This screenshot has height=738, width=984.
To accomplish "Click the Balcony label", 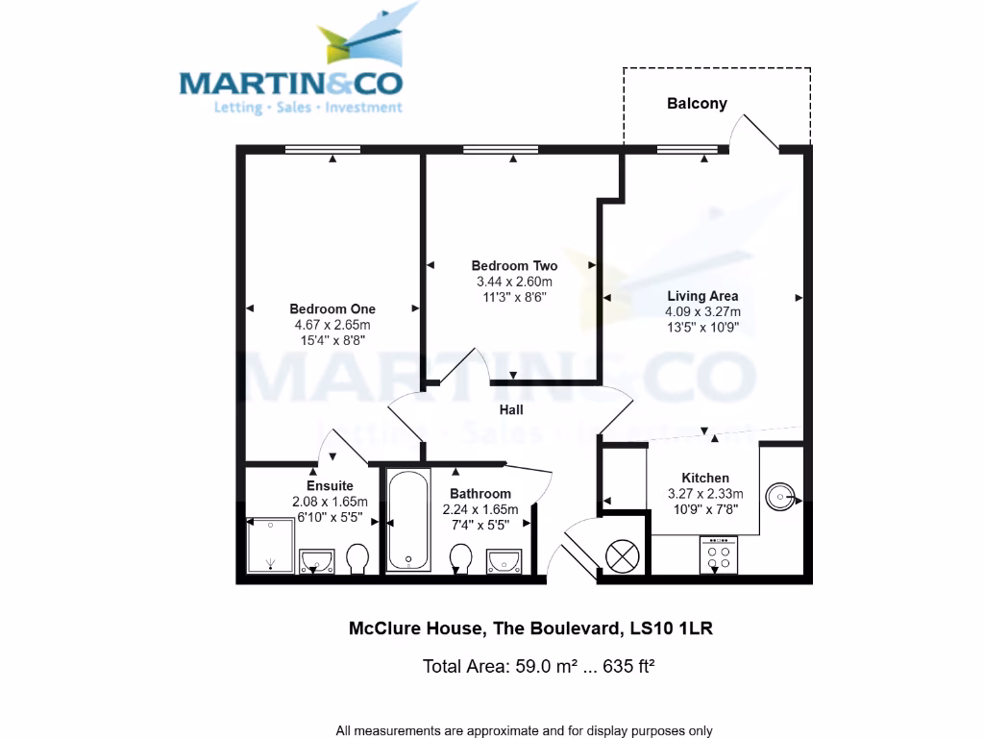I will (697, 104).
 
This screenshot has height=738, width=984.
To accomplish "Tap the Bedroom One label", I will (332, 309).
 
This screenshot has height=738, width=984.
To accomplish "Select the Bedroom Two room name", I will (514, 266).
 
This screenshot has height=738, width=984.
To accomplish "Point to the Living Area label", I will (702, 296).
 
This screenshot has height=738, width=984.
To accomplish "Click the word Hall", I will (511, 410).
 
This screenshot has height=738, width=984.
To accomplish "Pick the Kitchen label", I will (705, 478).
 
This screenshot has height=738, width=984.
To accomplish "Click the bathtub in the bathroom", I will (408, 519).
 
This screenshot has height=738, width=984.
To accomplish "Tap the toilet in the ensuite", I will (358, 558).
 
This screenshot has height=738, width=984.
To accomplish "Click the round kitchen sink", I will (780, 497).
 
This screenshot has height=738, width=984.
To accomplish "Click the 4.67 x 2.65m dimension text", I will (332, 325).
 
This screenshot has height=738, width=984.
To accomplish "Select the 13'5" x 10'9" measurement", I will (702, 327).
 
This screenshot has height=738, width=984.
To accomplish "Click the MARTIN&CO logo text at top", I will (292, 83).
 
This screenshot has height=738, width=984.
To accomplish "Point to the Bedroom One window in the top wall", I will (323, 149).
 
